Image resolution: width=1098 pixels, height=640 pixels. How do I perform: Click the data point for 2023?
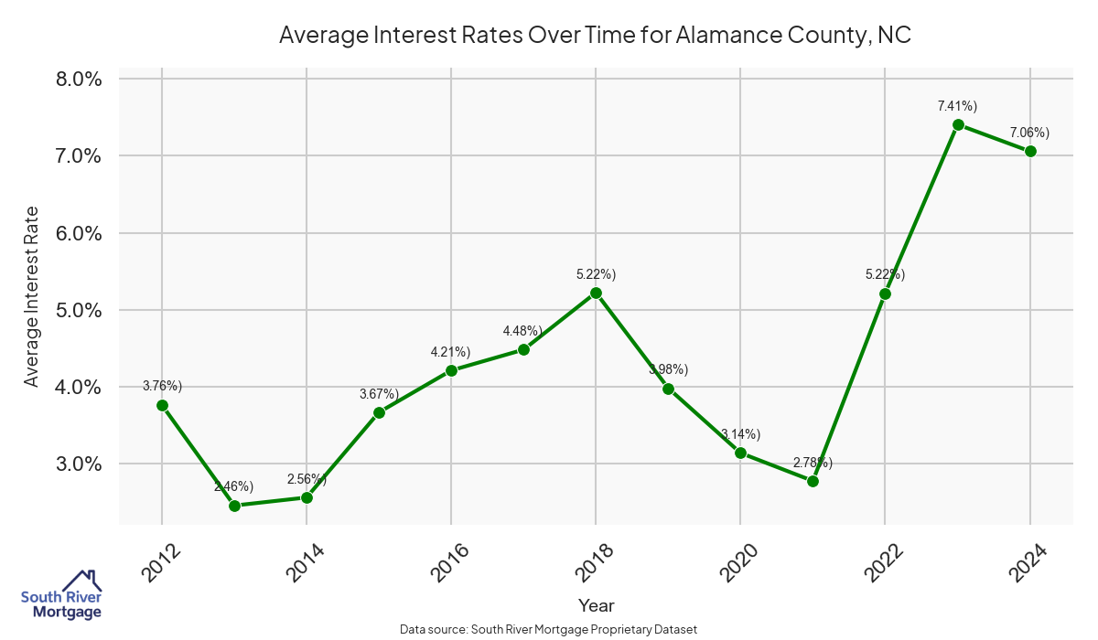[958, 124]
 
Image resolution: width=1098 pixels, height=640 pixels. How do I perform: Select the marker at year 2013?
[234, 506]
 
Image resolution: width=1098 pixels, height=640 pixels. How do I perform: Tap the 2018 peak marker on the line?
[596, 293]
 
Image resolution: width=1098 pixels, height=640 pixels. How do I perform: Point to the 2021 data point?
[813, 481]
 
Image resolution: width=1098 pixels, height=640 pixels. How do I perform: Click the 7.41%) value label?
[958, 106]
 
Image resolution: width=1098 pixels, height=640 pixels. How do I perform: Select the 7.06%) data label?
[1029, 133]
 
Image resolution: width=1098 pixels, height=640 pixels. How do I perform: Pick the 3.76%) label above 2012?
[163, 386]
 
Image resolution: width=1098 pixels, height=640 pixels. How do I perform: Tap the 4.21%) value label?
[451, 352]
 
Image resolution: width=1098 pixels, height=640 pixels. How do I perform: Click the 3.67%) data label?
[379, 394]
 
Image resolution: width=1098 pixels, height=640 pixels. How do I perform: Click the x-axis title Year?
[596, 605]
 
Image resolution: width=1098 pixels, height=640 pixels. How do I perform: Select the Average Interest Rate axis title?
[32, 296]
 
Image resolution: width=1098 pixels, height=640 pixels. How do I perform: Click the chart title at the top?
[596, 36]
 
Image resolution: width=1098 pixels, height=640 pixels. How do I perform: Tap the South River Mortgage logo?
[61, 595]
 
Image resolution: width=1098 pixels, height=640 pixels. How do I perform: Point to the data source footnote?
[549, 630]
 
